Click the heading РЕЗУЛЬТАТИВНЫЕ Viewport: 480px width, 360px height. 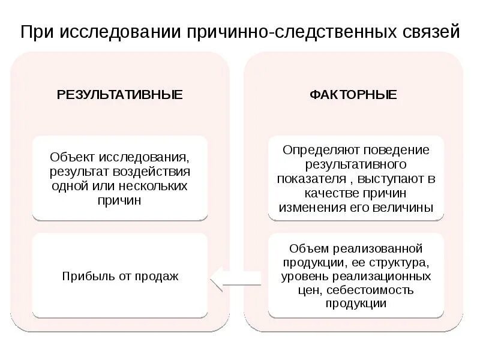coord(119,95)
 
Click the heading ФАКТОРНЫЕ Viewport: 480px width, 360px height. coord(353,95)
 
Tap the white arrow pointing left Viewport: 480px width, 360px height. coord(235,276)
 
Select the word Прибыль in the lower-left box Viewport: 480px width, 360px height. coord(83,277)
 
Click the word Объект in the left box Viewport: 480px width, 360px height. coord(71,158)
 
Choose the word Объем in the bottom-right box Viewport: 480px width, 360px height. coord(306,248)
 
